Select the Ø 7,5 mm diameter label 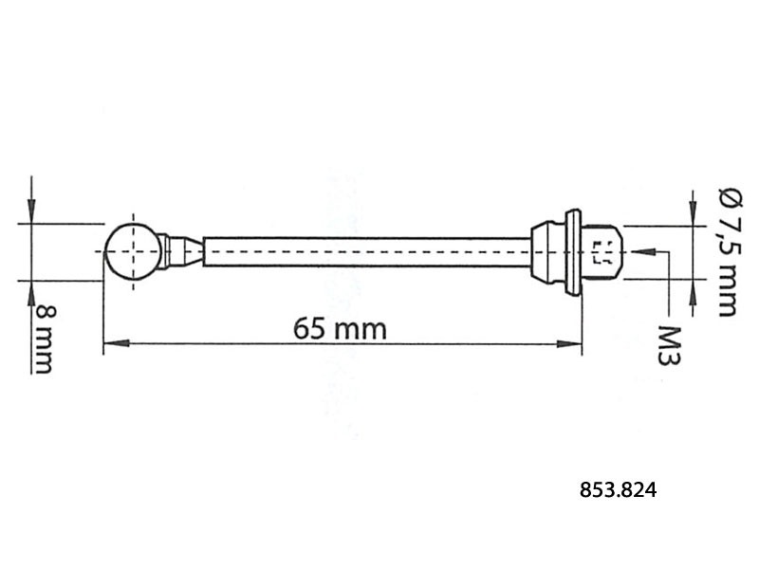[727, 251]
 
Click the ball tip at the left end [133, 251]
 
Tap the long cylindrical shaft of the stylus [365, 251]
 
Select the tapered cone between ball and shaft [191, 251]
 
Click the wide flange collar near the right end [572, 251]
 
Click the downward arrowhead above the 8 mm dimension [31, 215]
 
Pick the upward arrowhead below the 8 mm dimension [31, 288]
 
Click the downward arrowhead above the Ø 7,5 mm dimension [691, 218]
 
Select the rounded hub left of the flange [546, 251]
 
